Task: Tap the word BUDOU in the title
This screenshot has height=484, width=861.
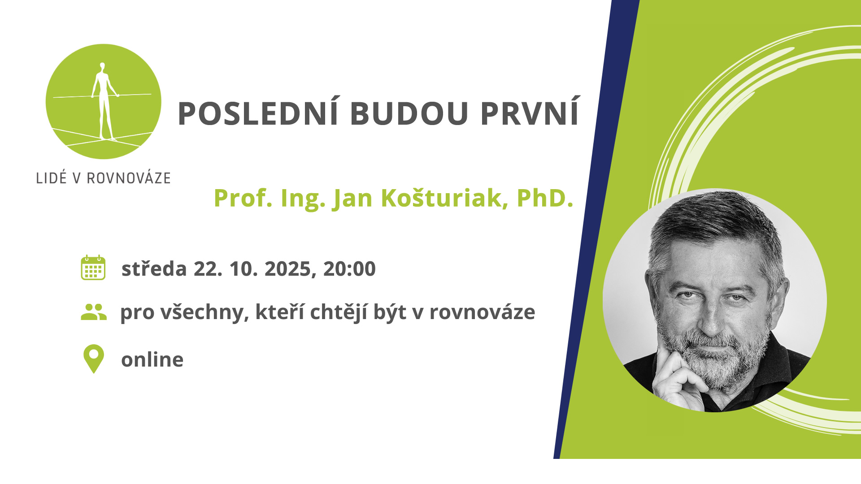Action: (x=409, y=113)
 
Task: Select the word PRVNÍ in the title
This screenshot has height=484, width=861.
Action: (x=530, y=113)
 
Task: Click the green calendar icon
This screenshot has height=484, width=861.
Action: (x=93, y=268)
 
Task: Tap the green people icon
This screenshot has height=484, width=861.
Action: (x=94, y=312)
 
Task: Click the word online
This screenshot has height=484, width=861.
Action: (x=152, y=359)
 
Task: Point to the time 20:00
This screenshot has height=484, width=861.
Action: (x=349, y=269)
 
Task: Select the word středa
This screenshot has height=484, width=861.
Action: (x=154, y=269)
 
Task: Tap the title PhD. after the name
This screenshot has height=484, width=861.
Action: (x=545, y=198)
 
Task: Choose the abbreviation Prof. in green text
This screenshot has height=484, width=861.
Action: (x=243, y=198)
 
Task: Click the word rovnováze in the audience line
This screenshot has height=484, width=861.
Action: (x=482, y=312)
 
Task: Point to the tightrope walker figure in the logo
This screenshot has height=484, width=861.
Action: (x=104, y=101)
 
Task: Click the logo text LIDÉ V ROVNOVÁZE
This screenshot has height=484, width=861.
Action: (x=103, y=178)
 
